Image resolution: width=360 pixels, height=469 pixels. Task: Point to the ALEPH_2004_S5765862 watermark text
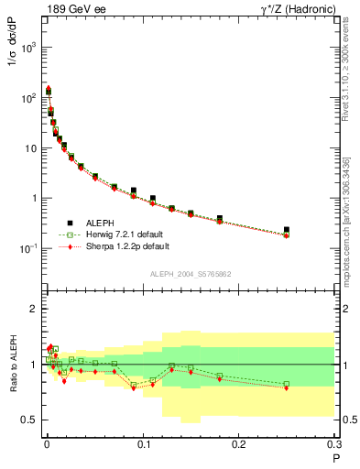tap(190, 274)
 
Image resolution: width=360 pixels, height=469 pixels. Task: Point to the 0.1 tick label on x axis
tap(143, 445)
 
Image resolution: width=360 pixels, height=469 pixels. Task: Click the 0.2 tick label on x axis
tap(239, 445)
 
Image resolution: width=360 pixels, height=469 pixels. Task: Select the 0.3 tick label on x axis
tap(333, 445)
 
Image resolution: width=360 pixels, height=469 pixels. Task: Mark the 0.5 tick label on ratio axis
tap(28, 420)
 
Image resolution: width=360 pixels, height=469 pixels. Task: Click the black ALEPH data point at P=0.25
tap(287, 230)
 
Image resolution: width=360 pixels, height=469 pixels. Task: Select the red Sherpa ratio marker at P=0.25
tap(287, 388)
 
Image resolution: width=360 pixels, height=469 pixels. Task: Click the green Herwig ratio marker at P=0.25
tap(287, 384)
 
